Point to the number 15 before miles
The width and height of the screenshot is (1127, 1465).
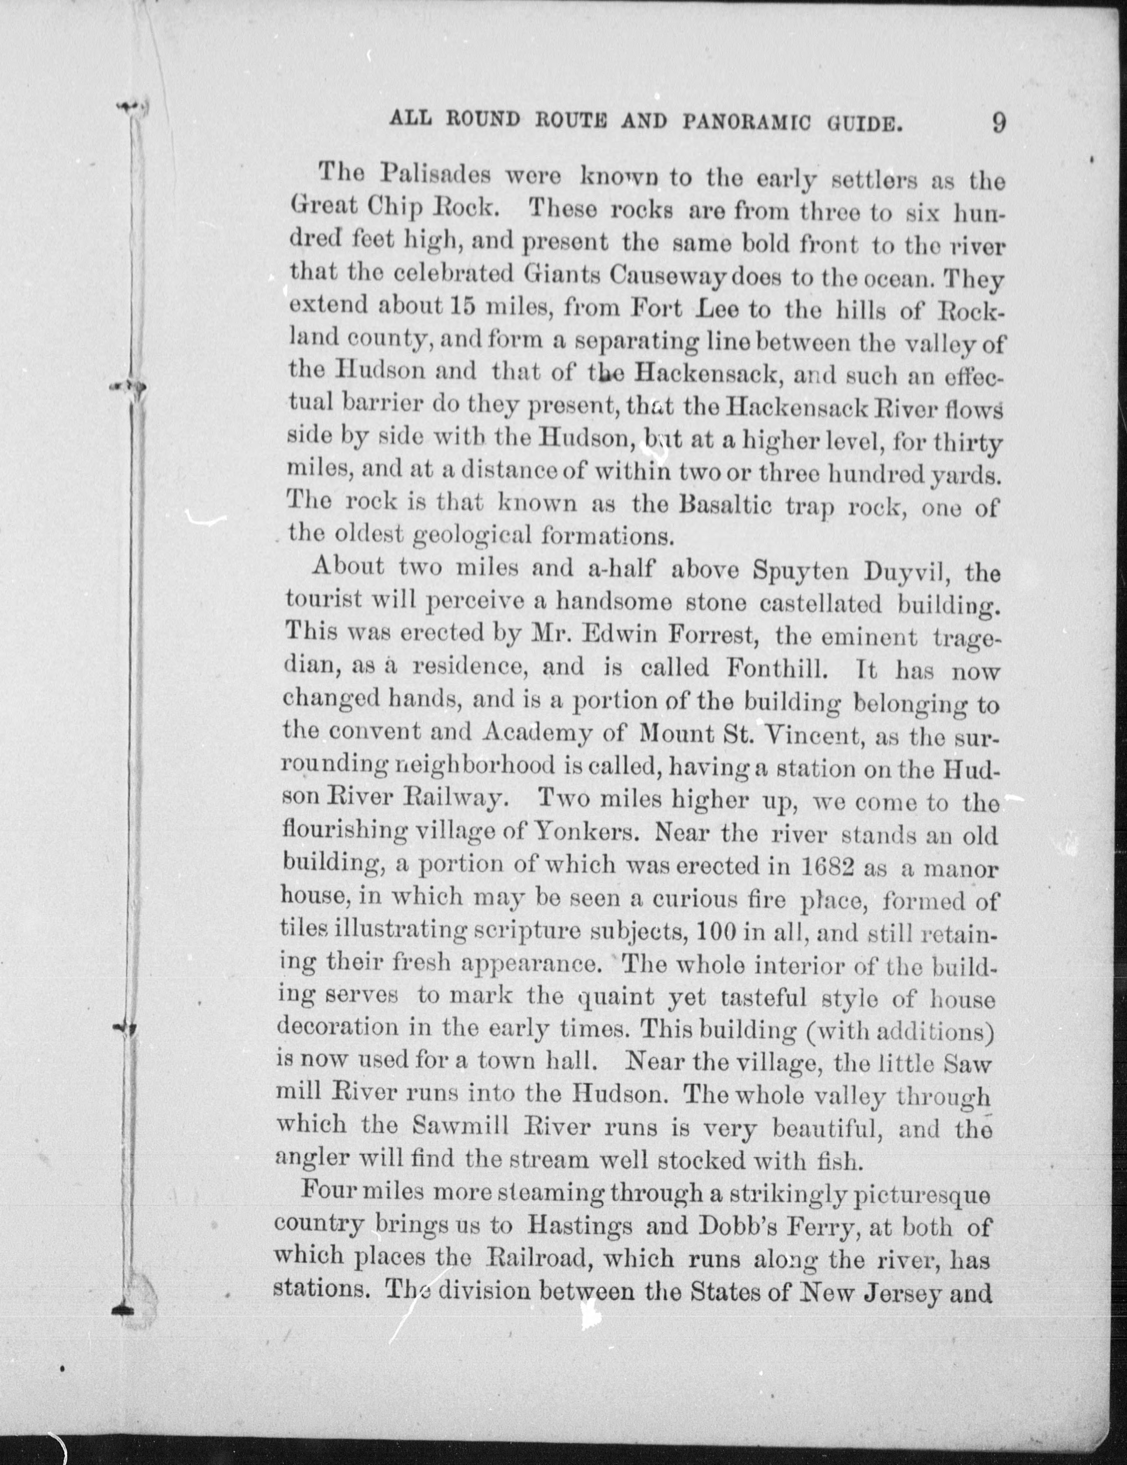point(458,308)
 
